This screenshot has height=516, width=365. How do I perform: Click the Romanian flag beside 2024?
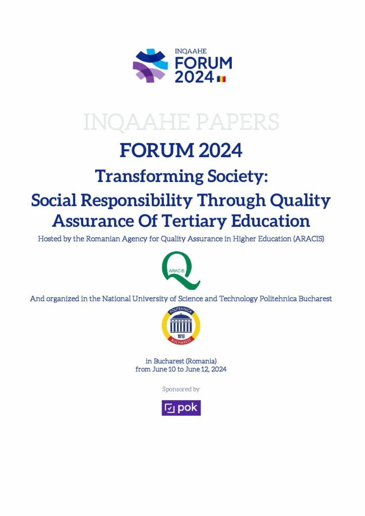221,79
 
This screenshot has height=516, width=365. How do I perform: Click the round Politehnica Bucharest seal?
180,326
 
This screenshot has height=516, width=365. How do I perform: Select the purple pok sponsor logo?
181,408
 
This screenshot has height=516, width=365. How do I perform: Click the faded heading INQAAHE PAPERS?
181,122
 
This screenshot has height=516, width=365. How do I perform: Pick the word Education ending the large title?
270,221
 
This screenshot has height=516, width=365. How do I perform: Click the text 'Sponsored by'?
181,390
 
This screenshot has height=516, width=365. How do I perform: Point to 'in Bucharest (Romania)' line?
181,361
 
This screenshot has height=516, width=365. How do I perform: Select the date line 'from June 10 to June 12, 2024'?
181,369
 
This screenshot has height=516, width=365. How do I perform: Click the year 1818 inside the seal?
180,336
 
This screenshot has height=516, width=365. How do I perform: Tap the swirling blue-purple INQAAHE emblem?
150,66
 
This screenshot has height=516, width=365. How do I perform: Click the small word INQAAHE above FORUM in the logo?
191,51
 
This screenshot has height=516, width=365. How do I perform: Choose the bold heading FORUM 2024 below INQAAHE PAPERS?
181,150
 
